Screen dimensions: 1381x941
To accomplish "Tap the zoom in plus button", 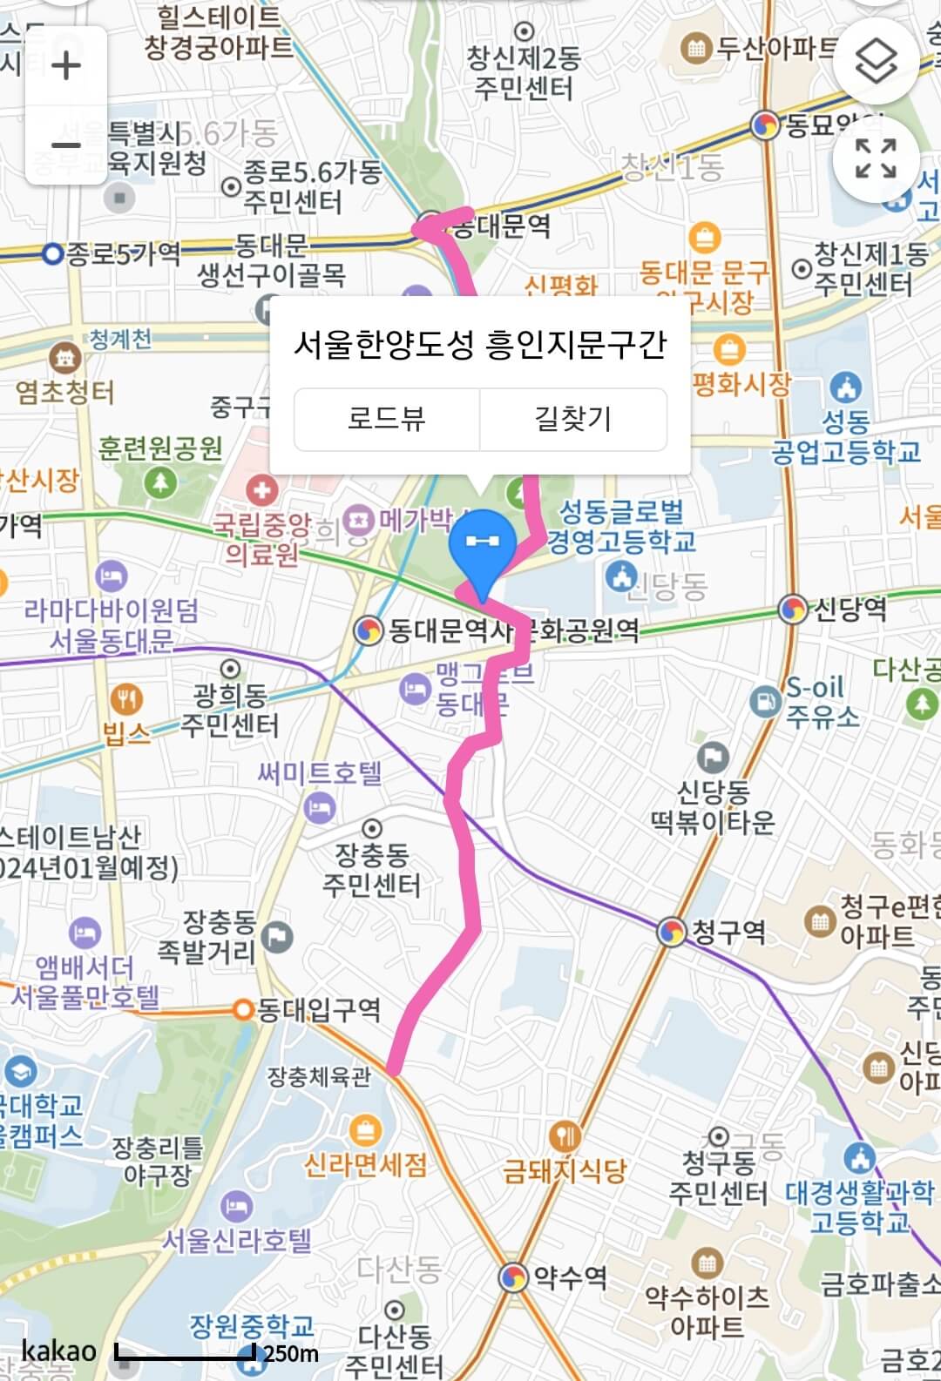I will (x=66, y=65).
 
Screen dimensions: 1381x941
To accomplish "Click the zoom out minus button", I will (x=66, y=145).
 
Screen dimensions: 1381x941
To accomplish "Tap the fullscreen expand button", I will (x=876, y=158).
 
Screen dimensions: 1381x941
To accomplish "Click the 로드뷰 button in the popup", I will (x=387, y=419).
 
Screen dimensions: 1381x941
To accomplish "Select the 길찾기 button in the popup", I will (x=573, y=419).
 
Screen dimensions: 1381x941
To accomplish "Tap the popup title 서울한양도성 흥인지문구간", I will (x=480, y=344).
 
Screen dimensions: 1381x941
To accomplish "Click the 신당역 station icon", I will (x=793, y=609).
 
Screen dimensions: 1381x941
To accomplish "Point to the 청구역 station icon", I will (x=671, y=932).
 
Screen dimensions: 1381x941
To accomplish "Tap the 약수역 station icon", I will (x=513, y=1277).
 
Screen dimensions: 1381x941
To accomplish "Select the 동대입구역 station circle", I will (x=243, y=1010).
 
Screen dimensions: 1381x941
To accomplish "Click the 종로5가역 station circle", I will (x=54, y=254).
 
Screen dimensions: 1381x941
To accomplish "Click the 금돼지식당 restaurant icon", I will (x=566, y=1136).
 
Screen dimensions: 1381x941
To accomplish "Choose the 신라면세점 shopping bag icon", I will (x=365, y=1131).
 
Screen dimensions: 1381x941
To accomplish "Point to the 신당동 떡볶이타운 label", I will (x=713, y=806).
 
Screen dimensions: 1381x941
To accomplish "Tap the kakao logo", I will (x=59, y=1351).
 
